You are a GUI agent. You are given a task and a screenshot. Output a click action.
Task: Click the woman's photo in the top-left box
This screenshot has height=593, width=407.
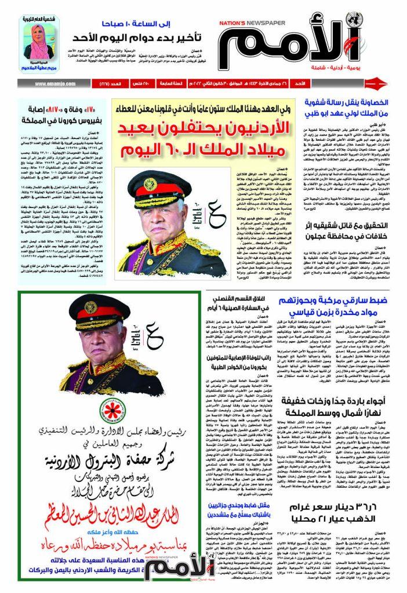[41, 38]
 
